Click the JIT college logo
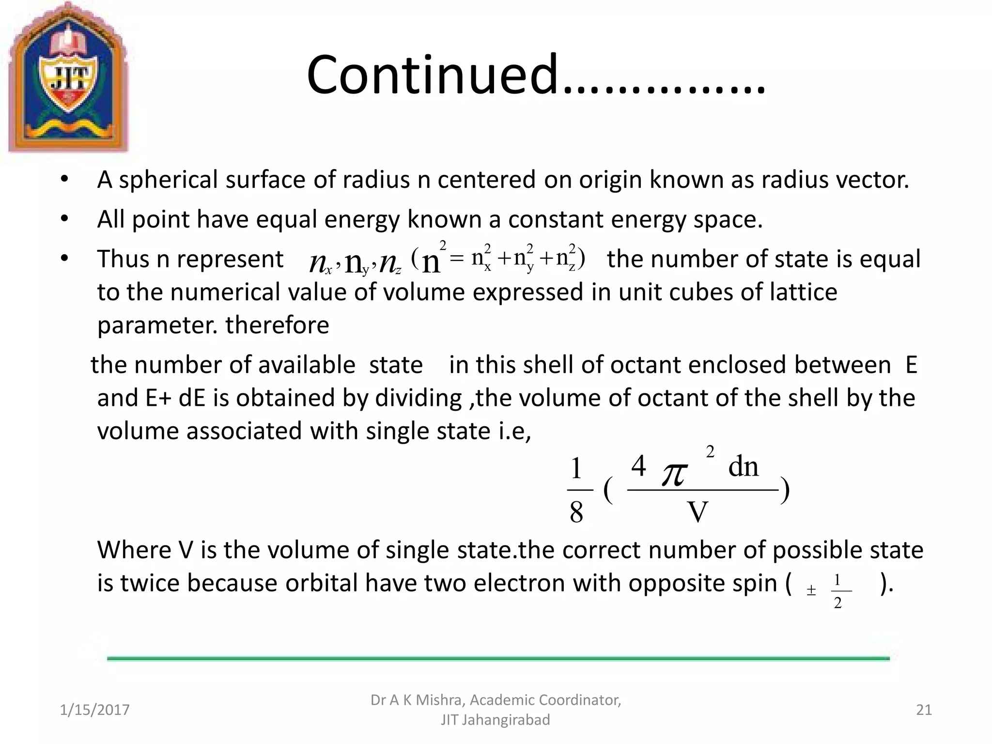tap(68, 77)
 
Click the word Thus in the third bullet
tap(123, 259)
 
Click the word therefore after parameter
tap(277, 325)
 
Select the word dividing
tap(418, 398)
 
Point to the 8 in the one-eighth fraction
tap(576, 512)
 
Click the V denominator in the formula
tap(697, 512)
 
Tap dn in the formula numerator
tap(744, 466)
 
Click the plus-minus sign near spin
tap(811, 590)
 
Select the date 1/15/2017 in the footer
tap(94, 710)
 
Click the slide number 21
tap(924, 710)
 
